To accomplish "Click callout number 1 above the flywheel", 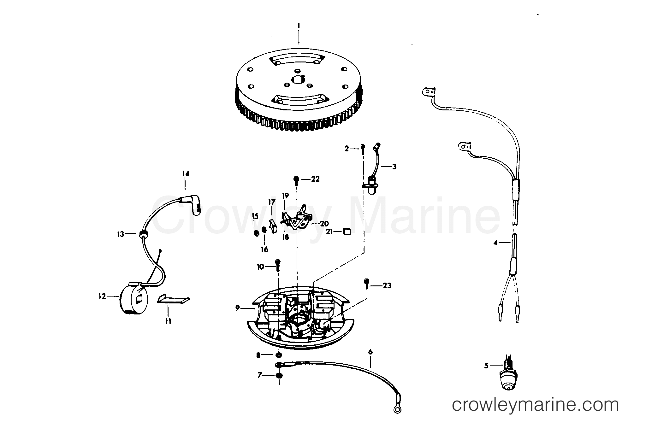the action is tap(299, 25).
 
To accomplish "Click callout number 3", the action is tap(394, 167).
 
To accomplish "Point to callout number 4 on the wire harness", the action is tap(495, 243).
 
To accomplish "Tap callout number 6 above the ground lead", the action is tap(370, 352).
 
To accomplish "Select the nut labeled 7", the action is tap(279, 376).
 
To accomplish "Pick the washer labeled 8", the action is tap(279, 355).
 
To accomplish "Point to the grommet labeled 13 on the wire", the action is tap(143, 233).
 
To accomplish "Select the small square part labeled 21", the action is tap(347, 232).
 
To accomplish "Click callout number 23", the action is tap(387, 285).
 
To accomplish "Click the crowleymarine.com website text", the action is tap(535, 405).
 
